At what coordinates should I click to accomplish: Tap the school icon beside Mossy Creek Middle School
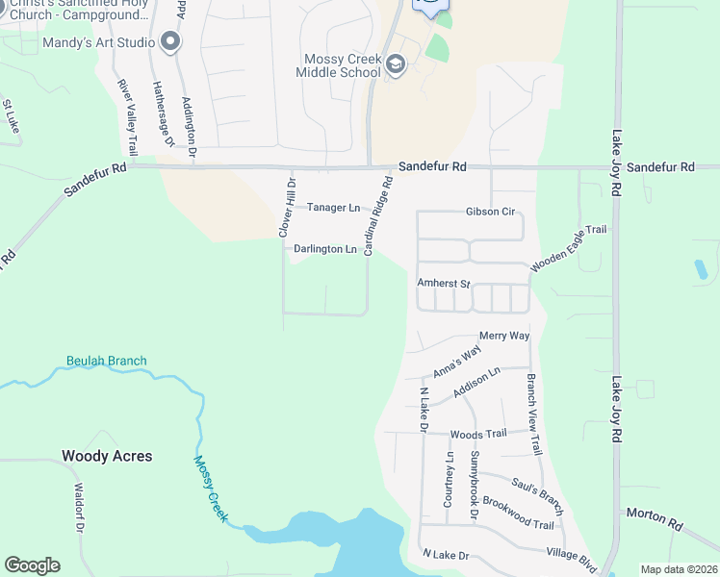(x=396, y=65)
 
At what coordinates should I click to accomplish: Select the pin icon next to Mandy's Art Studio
(x=171, y=41)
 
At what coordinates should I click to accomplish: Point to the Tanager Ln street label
(x=333, y=207)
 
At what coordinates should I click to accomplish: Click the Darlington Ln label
(x=325, y=249)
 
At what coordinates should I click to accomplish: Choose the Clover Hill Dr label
(x=285, y=206)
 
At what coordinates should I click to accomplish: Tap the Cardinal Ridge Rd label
(x=379, y=214)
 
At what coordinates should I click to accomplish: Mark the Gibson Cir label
(x=490, y=211)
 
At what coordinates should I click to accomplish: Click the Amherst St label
(x=443, y=284)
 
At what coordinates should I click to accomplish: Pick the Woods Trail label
(x=477, y=434)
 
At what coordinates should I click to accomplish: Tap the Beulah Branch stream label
(x=106, y=362)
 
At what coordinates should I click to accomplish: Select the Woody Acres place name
(x=107, y=456)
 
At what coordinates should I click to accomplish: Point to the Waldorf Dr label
(x=79, y=510)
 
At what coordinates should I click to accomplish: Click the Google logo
(x=32, y=565)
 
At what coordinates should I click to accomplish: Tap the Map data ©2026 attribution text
(x=678, y=569)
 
